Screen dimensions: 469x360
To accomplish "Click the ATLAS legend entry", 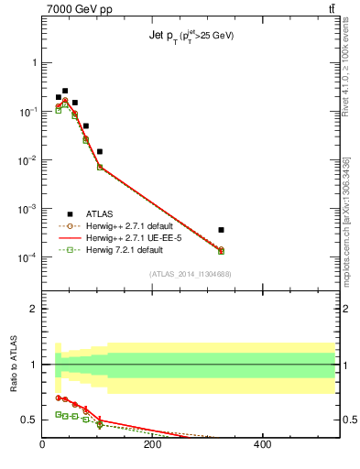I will tap(100, 213).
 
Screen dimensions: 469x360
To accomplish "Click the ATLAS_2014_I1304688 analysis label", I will tap(190, 274).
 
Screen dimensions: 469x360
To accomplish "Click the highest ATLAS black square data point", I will tap(65, 91).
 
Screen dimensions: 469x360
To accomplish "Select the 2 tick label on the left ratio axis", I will tap(35, 309).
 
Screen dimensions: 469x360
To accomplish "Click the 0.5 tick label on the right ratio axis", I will tap(344, 420).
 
